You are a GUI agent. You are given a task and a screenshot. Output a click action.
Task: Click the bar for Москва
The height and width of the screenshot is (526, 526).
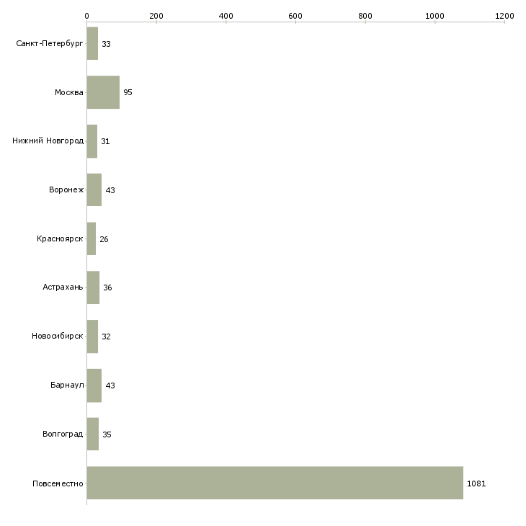pyautogui.click(x=103, y=92)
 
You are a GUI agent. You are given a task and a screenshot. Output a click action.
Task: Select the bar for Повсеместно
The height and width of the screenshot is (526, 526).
pyautogui.click(x=275, y=483)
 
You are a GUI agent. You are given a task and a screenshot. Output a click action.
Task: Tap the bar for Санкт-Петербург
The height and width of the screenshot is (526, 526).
pyautogui.click(x=92, y=43)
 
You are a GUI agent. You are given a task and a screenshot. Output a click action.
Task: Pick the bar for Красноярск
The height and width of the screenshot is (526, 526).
pyautogui.click(x=92, y=239)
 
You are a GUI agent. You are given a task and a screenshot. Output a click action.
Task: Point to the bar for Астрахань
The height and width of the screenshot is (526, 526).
pyautogui.click(x=93, y=287)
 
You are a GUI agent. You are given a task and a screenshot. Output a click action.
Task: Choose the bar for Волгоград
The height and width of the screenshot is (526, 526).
pyautogui.click(x=93, y=434)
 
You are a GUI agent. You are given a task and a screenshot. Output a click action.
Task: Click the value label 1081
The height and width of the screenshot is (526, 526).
pyautogui.click(x=476, y=483)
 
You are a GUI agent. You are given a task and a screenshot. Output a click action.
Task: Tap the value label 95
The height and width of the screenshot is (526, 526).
pyautogui.click(x=128, y=93)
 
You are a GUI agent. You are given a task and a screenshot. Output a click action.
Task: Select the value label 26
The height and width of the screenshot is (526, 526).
pyautogui.click(x=104, y=239)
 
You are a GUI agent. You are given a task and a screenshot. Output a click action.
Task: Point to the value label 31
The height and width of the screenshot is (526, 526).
pyautogui.click(x=105, y=141)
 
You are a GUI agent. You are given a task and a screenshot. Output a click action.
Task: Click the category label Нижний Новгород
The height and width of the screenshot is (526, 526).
pyautogui.click(x=48, y=141)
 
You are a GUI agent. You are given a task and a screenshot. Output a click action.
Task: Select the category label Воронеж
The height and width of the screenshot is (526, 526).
pyautogui.click(x=66, y=190)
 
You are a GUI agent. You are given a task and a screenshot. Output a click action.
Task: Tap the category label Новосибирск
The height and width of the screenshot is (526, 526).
pyautogui.click(x=58, y=336)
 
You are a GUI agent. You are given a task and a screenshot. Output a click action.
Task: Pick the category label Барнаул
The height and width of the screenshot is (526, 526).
pyautogui.click(x=67, y=385)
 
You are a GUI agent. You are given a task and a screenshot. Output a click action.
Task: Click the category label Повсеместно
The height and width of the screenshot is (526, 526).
pyautogui.click(x=58, y=483)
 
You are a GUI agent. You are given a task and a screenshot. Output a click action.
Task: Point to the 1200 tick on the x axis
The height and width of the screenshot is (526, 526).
pyautogui.click(x=504, y=15)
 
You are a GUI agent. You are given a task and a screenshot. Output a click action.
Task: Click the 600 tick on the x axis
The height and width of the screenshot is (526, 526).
pyautogui.click(x=295, y=15)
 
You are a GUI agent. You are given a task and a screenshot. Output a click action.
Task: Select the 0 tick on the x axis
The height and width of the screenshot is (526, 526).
pyautogui.click(x=86, y=15)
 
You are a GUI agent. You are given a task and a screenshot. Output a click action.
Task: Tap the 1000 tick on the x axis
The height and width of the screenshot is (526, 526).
pyautogui.click(x=434, y=15)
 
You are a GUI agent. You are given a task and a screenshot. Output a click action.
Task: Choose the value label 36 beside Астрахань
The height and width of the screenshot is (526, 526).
pyautogui.click(x=107, y=288)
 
